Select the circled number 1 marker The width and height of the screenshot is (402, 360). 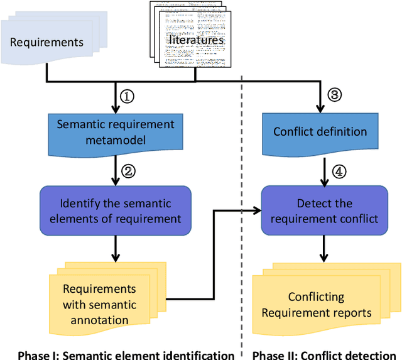point(128,96)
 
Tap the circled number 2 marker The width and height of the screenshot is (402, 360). point(128,171)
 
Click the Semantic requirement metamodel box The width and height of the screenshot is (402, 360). point(115,131)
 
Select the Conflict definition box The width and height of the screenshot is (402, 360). point(320,132)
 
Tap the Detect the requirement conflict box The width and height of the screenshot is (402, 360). point(320,210)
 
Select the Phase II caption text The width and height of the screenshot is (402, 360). point(325,354)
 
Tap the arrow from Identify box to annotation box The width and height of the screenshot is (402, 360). point(115,248)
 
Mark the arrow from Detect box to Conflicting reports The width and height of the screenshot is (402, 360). point(322,248)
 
